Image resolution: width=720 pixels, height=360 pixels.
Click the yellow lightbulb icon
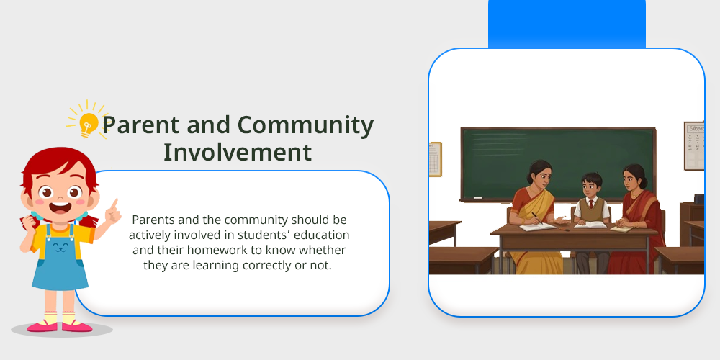[x=88, y=123]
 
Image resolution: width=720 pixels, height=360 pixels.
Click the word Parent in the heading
[x=140, y=125]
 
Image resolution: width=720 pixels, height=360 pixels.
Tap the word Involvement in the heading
[x=238, y=152]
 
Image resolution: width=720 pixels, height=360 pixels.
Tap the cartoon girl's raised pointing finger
[x=114, y=204]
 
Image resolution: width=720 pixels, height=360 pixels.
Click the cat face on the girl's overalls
[x=60, y=248]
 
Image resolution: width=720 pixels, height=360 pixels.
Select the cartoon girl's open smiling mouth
[x=60, y=207]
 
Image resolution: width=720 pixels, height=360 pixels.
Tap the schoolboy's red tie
[x=590, y=204]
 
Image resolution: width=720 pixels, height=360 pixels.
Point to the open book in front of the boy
[x=590, y=225]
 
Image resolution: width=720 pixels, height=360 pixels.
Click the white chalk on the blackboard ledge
[x=477, y=198]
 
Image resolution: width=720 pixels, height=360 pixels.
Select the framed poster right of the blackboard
[x=694, y=145]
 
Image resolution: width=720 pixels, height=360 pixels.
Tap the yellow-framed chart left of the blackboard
[x=435, y=159]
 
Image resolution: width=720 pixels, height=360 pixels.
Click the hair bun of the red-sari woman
[x=643, y=182]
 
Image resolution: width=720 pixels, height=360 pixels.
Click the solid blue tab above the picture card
[x=567, y=24]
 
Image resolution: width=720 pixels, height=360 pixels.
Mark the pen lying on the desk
[x=565, y=228]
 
